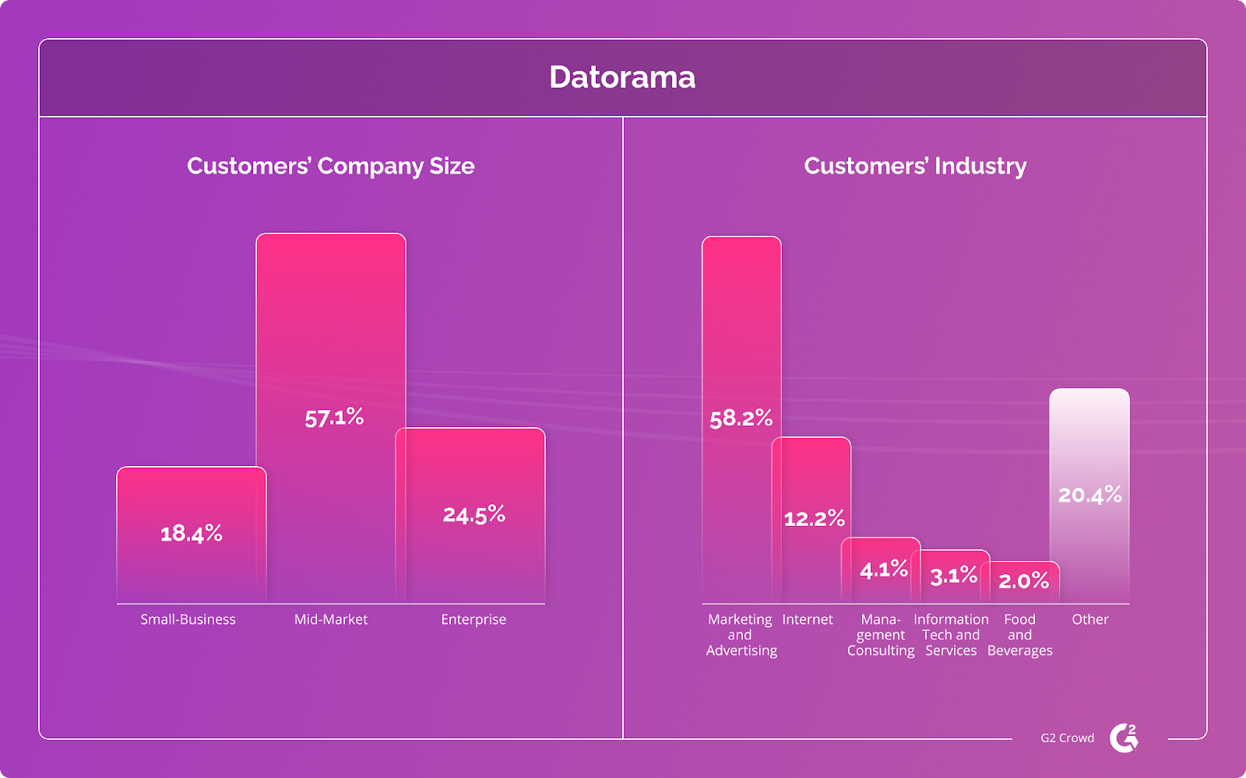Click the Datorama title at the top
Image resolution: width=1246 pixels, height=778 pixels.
click(622, 77)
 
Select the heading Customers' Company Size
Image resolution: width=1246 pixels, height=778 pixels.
click(330, 166)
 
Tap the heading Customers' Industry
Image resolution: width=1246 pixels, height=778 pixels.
click(915, 166)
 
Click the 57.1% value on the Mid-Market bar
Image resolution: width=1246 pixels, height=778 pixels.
click(334, 418)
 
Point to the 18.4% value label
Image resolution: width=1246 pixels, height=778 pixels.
click(192, 534)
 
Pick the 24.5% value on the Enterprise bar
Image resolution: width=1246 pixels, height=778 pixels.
click(474, 514)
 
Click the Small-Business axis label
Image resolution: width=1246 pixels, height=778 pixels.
click(188, 619)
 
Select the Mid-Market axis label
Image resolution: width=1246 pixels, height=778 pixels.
click(331, 619)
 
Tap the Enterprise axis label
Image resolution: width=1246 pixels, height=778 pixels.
click(473, 619)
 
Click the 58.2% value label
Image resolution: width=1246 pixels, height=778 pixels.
click(741, 419)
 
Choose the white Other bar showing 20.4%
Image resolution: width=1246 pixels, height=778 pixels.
click(1089, 495)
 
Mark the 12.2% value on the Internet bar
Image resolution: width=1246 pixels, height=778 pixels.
click(814, 518)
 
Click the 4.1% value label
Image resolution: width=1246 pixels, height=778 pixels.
click(884, 569)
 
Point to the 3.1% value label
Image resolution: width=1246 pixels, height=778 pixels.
click(953, 576)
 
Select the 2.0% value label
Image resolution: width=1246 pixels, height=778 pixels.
click(1023, 580)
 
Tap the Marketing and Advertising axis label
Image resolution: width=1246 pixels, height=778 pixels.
click(741, 635)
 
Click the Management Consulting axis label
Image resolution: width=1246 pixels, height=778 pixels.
click(881, 635)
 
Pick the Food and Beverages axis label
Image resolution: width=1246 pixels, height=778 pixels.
click(1019, 635)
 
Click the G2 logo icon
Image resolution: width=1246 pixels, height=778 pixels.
click(1124, 738)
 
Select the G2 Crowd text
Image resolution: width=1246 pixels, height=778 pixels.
click(1067, 738)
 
